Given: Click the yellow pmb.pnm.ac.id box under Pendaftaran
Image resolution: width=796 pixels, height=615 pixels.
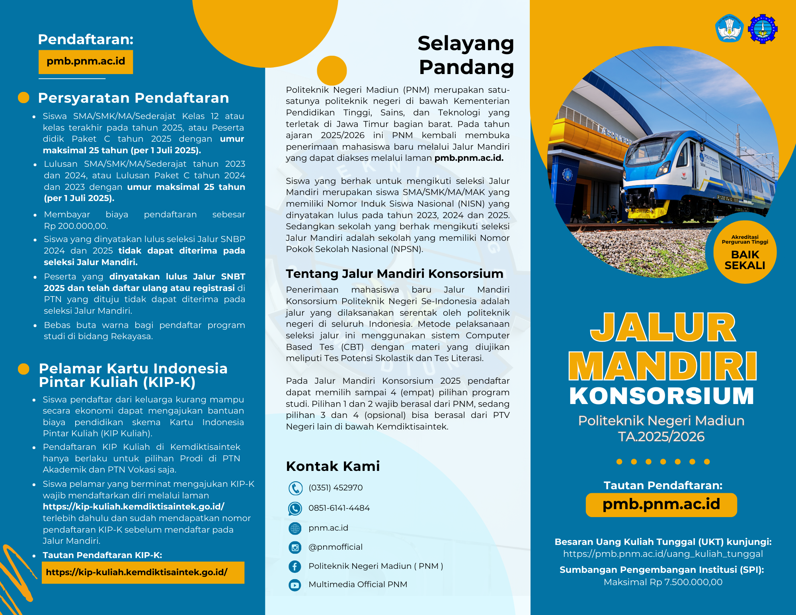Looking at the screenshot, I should [86, 62].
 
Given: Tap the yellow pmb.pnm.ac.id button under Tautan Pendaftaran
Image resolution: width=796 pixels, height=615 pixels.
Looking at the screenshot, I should [661, 505].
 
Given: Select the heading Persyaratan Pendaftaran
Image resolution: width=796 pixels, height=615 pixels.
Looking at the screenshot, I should [133, 98].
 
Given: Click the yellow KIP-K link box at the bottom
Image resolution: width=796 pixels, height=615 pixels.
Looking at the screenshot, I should [143, 572].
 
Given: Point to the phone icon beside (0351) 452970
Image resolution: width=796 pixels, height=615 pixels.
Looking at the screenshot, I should [295, 488].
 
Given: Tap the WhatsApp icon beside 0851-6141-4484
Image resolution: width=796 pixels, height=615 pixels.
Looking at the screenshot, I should [295, 508].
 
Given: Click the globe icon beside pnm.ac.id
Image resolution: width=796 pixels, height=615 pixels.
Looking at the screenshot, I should [295, 528].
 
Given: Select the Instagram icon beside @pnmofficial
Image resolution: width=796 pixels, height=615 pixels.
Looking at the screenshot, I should [295, 547].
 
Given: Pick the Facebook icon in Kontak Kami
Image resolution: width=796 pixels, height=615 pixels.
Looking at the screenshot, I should [295, 566].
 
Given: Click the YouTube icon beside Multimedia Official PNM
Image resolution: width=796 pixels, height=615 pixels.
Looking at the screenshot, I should [295, 585].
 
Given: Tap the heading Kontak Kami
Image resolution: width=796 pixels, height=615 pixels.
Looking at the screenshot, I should [333, 466].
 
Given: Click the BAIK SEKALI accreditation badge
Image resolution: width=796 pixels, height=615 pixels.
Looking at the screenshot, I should [745, 252].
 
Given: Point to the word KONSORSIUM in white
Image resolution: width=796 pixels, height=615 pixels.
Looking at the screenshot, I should [661, 396].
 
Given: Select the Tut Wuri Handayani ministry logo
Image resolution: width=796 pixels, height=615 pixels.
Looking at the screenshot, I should [729, 29].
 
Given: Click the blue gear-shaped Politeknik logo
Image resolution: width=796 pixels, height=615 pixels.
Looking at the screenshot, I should [763, 29].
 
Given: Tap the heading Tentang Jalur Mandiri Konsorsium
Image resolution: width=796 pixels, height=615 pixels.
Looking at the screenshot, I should [394, 274].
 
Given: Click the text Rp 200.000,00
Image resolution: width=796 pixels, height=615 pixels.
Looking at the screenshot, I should [76, 226].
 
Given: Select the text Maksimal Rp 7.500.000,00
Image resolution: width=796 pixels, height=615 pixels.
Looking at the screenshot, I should [663, 582].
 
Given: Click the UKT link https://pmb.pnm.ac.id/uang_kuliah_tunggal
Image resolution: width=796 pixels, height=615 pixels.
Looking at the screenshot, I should [663, 554].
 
